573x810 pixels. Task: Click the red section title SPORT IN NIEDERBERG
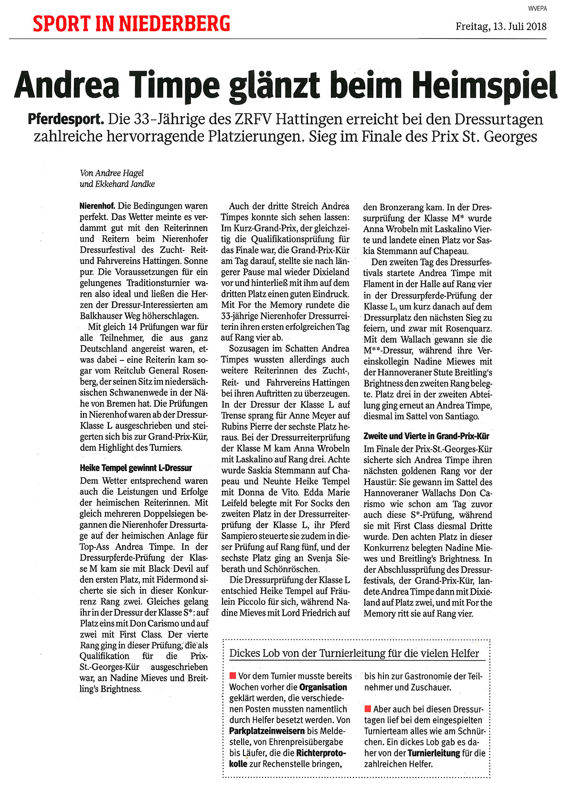click(x=131, y=23)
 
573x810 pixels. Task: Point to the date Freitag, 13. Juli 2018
click(x=501, y=26)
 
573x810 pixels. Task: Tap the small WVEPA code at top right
click(x=538, y=8)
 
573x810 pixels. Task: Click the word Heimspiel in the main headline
click(x=485, y=86)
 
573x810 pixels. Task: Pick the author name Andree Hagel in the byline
click(x=119, y=173)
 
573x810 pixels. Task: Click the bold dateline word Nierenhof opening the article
click(x=97, y=206)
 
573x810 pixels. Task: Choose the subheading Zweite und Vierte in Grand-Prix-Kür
click(x=426, y=436)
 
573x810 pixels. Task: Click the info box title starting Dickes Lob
click(x=354, y=653)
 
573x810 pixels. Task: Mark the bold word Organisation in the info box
click(x=323, y=687)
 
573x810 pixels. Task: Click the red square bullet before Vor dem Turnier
click(x=233, y=675)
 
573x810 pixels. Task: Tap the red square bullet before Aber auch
click(x=368, y=709)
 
